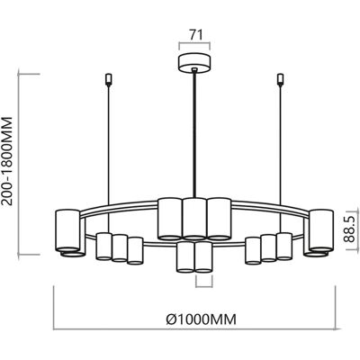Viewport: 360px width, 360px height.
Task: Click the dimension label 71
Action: (195, 35)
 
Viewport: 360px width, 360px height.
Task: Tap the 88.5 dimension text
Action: (348, 229)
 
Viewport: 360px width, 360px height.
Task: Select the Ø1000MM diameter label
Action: (202, 319)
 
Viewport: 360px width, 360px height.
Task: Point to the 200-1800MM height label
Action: (7, 161)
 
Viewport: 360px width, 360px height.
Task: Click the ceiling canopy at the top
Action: (194, 63)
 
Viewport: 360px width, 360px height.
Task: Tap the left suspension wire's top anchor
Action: (109, 79)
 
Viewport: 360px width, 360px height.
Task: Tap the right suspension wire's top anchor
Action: (281, 79)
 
